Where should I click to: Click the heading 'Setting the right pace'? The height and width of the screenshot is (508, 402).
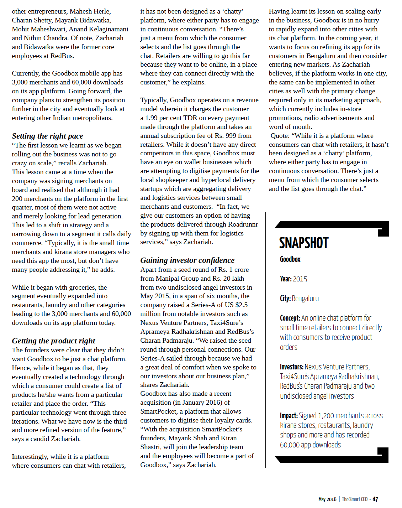pyautogui.click(x=47, y=136)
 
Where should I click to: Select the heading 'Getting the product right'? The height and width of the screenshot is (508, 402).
pyautogui.click(x=53, y=341)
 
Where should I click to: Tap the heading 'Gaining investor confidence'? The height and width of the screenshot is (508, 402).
pyautogui.click(x=187, y=260)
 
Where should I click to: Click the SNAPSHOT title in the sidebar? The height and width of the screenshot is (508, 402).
pyautogui.click(x=303, y=243)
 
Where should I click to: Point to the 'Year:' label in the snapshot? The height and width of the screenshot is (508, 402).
pyautogui.click(x=286, y=279)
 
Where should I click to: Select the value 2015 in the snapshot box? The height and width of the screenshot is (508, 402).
pyautogui.click(x=300, y=279)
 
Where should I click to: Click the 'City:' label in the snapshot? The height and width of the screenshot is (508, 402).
pyautogui.click(x=285, y=299)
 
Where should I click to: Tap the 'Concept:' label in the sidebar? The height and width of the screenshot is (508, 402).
pyautogui.click(x=290, y=318)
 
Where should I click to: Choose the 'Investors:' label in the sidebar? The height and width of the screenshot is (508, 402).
pyautogui.click(x=292, y=367)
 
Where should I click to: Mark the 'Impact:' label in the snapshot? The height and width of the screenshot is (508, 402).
pyautogui.click(x=289, y=416)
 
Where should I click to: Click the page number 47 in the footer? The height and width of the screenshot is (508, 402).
pyautogui.click(x=375, y=499)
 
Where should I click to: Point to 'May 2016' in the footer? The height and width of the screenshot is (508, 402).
pyautogui.click(x=327, y=499)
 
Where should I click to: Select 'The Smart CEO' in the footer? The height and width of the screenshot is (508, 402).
pyautogui.click(x=355, y=499)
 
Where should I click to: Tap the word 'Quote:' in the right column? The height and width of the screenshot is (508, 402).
pyautogui.click(x=280, y=136)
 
